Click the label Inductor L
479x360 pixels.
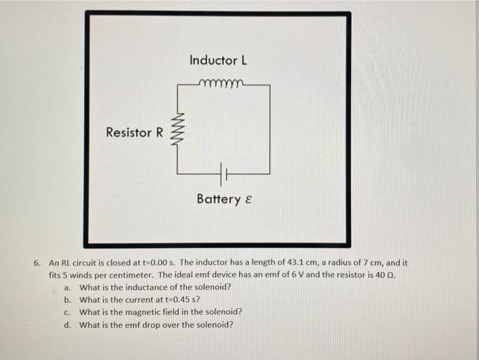coord(218,60)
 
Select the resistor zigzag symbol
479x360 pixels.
coord(179,131)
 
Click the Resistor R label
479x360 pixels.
coord(134,132)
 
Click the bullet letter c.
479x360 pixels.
coord(68,312)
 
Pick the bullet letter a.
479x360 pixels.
coord(68,287)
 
